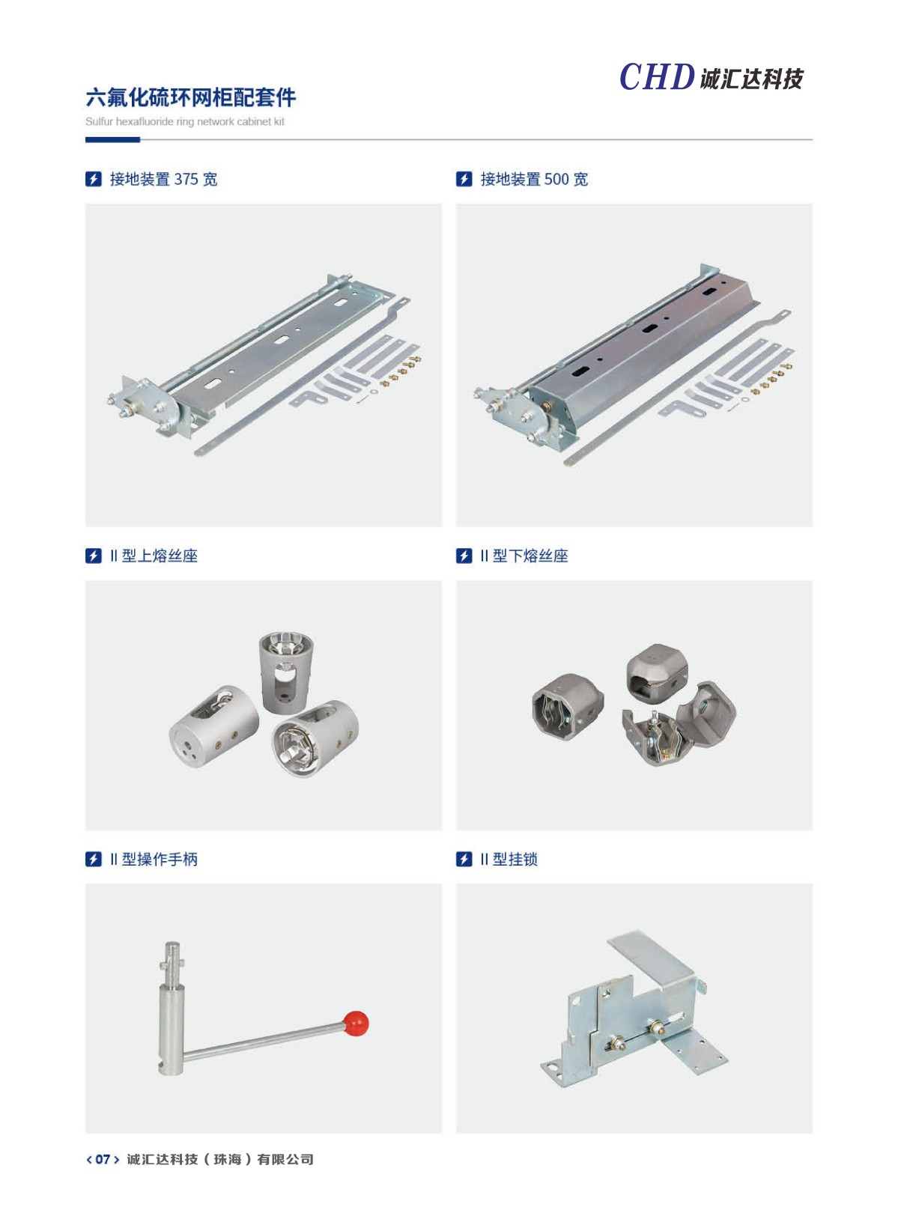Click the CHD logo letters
pyautogui.click(x=657, y=76)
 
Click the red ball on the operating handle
pyautogui.click(x=356, y=1024)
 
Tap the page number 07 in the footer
pyautogui.click(x=103, y=1159)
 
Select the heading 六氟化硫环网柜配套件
pyautogui.click(x=190, y=97)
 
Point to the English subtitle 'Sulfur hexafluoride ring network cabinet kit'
pyautogui.click(x=184, y=122)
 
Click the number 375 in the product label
pyautogui.click(x=186, y=179)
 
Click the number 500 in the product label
pyautogui.click(x=556, y=179)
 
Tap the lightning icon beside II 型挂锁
pyautogui.click(x=464, y=860)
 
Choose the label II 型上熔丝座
pyautogui.click(x=154, y=556)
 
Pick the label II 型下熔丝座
pyautogui.click(x=524, y=556)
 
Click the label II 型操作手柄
pyautogui.click(x=154, y=860)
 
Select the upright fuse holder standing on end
pyautogui.click(x=286, y=672)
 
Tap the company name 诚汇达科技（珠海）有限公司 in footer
pyautogui.click(x=220, y=1159)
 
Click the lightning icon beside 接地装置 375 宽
pyautogui.click(x=94, y=179)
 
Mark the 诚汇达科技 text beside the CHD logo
pyautogui.click(x=752, y=79)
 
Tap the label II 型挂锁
pyautogui.click(x=509, y=860)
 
